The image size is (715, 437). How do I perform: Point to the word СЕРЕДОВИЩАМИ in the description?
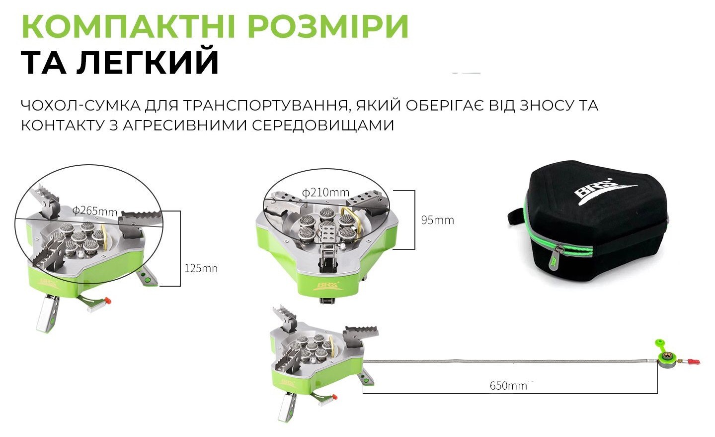(x=323, y=125)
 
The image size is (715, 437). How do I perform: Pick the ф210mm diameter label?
(x=325, y=192)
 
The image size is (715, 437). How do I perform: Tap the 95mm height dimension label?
(x=437, y=220)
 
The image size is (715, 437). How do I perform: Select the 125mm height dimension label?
(x=200, y=268)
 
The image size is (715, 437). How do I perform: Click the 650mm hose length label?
(x=508, y=386)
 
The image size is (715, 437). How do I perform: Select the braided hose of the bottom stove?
(x=507, y=360)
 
